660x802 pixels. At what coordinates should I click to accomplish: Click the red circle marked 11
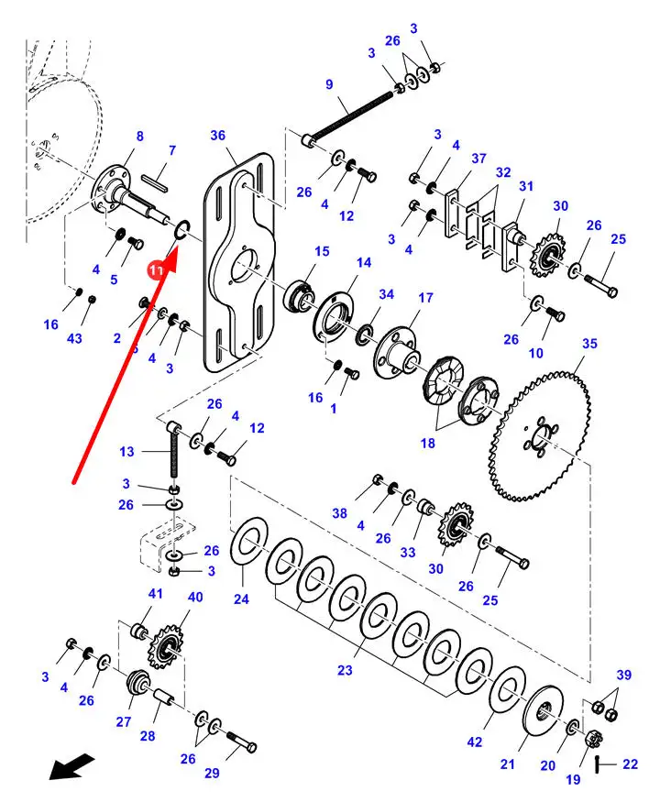coord(156,270)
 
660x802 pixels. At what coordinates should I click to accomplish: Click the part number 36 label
coord(217,136)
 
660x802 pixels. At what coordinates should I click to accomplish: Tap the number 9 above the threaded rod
coord(329,85)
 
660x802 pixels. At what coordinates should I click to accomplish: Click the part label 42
coord(473,742)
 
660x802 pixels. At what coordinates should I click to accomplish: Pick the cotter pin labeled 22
coord(599,764)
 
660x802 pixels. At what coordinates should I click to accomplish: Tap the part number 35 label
coord(589,344)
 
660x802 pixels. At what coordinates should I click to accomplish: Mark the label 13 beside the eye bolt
coord(126,452)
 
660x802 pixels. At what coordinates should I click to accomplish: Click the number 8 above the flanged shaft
coord(139,137)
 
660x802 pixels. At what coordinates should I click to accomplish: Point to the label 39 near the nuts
coord(623,676)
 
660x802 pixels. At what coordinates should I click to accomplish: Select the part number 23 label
coord(345,670)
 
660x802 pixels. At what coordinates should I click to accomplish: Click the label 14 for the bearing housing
coord(364,263)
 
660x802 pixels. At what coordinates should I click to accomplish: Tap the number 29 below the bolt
coord(212,774)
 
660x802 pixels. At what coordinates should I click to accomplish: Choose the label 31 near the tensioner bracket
coord(525,187)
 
